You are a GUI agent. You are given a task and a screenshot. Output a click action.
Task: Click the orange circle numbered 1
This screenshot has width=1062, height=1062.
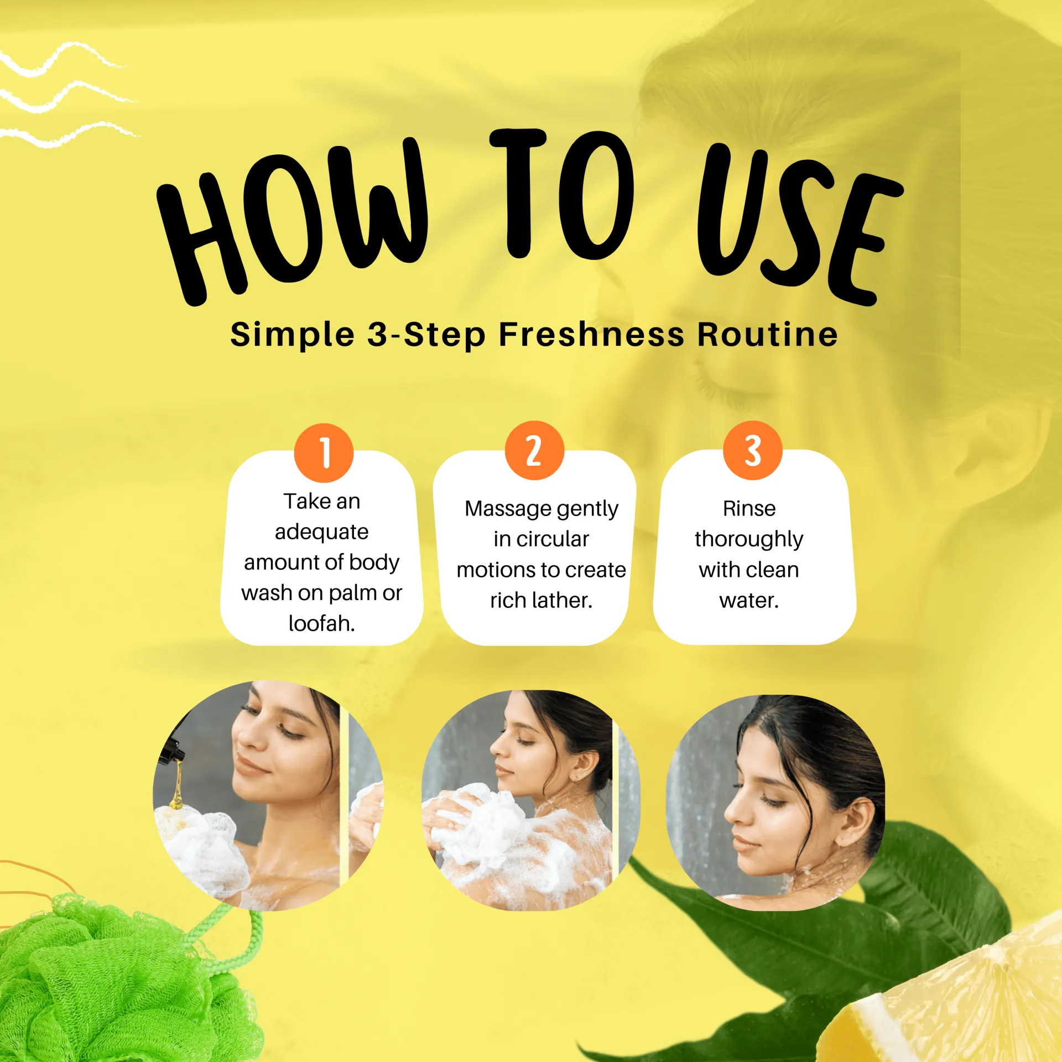point(324,453)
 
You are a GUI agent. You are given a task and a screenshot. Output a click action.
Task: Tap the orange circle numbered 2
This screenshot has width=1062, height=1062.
point(534,450)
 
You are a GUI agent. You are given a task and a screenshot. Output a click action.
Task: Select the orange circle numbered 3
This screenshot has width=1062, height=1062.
point(752,450)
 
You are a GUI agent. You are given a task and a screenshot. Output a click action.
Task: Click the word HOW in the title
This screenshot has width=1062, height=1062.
point(293,221)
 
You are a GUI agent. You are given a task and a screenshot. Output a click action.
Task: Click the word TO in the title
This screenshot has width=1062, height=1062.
point(561,194)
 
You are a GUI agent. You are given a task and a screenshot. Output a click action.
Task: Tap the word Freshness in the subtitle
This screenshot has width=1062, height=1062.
point(591,335)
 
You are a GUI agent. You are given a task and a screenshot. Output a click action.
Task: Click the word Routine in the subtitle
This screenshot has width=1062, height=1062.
point(767,335)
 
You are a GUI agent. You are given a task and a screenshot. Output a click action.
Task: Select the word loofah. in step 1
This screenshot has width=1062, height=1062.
point(321,623)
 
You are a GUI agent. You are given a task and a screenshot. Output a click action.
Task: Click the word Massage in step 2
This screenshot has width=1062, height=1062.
point(507,509)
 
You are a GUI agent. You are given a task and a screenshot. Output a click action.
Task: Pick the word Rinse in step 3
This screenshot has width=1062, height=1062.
point(749,508)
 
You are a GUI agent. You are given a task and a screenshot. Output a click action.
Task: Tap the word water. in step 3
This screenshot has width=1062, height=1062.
point(749,600)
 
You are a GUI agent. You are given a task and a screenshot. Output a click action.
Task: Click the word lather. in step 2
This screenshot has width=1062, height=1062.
point(563,600)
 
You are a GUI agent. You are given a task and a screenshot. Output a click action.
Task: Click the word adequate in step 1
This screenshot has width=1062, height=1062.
point(321,532)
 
